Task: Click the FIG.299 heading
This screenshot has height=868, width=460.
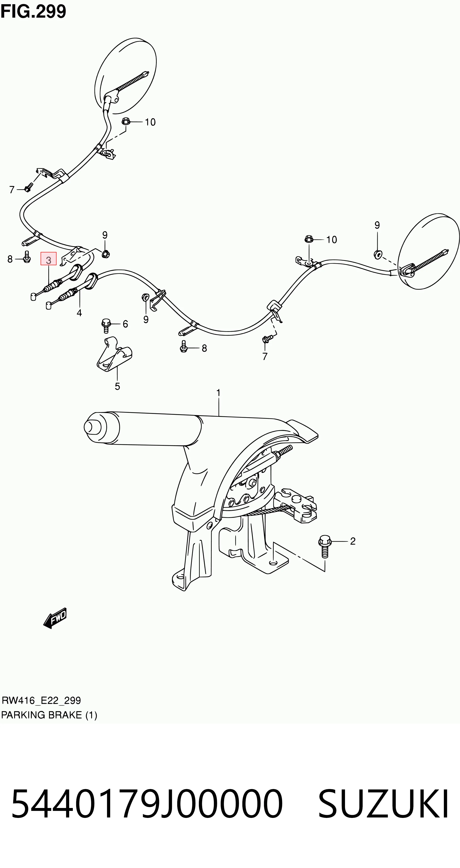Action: pos(33,11)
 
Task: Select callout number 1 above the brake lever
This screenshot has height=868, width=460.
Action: pos(218,393)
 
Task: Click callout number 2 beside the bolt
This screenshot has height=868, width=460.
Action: pos(353,541)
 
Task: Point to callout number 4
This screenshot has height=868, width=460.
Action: pos(79,313)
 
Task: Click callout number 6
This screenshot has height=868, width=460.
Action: pos(125,324)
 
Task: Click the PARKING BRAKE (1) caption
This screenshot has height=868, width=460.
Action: pos(49,715)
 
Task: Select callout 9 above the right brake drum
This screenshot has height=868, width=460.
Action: pos(377,225)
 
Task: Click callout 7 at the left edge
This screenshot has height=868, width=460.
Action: pos(12,190)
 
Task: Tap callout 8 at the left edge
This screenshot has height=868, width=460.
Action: pos(10,259)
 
